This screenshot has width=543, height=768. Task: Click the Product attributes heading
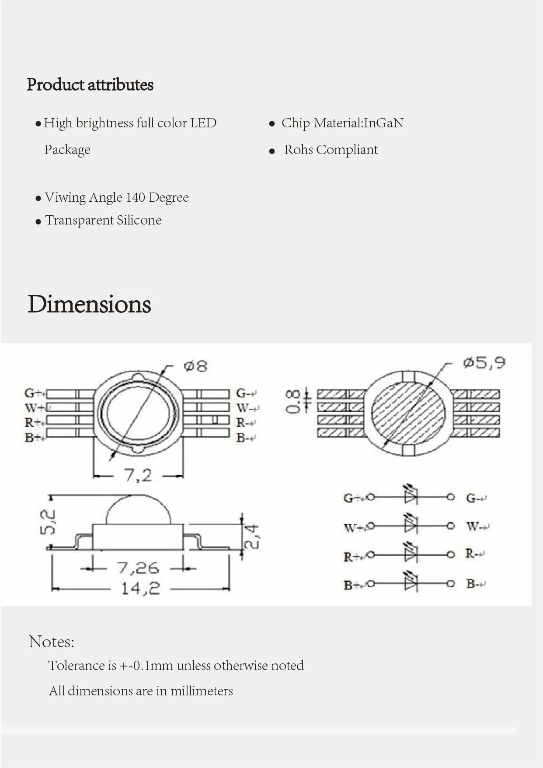[x=90, y=85]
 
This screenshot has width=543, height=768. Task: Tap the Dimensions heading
[x=89, y=304]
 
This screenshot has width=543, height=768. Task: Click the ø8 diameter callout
[x=195, y=366]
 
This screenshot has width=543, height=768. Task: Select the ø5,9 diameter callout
[x=484, y=363]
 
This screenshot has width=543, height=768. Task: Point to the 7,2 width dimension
[x=138, y=475]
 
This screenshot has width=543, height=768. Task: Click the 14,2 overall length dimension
[x=140, y=589]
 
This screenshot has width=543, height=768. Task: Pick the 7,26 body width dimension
[x=138, y=568]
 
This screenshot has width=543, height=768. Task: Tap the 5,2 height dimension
[x=48, y=522]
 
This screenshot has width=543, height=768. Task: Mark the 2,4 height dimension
[x=252, y=537]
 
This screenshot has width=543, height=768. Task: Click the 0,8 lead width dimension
[x=292, y=401]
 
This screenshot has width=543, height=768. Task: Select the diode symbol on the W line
[x=411, y=525]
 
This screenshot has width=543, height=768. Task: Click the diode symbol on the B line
[x=411, y=583]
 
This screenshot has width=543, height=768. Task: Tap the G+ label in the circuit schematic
[x=352, y=498]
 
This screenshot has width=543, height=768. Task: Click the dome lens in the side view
[x=138, y=511]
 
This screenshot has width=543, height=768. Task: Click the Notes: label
[x=52, y=642]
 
